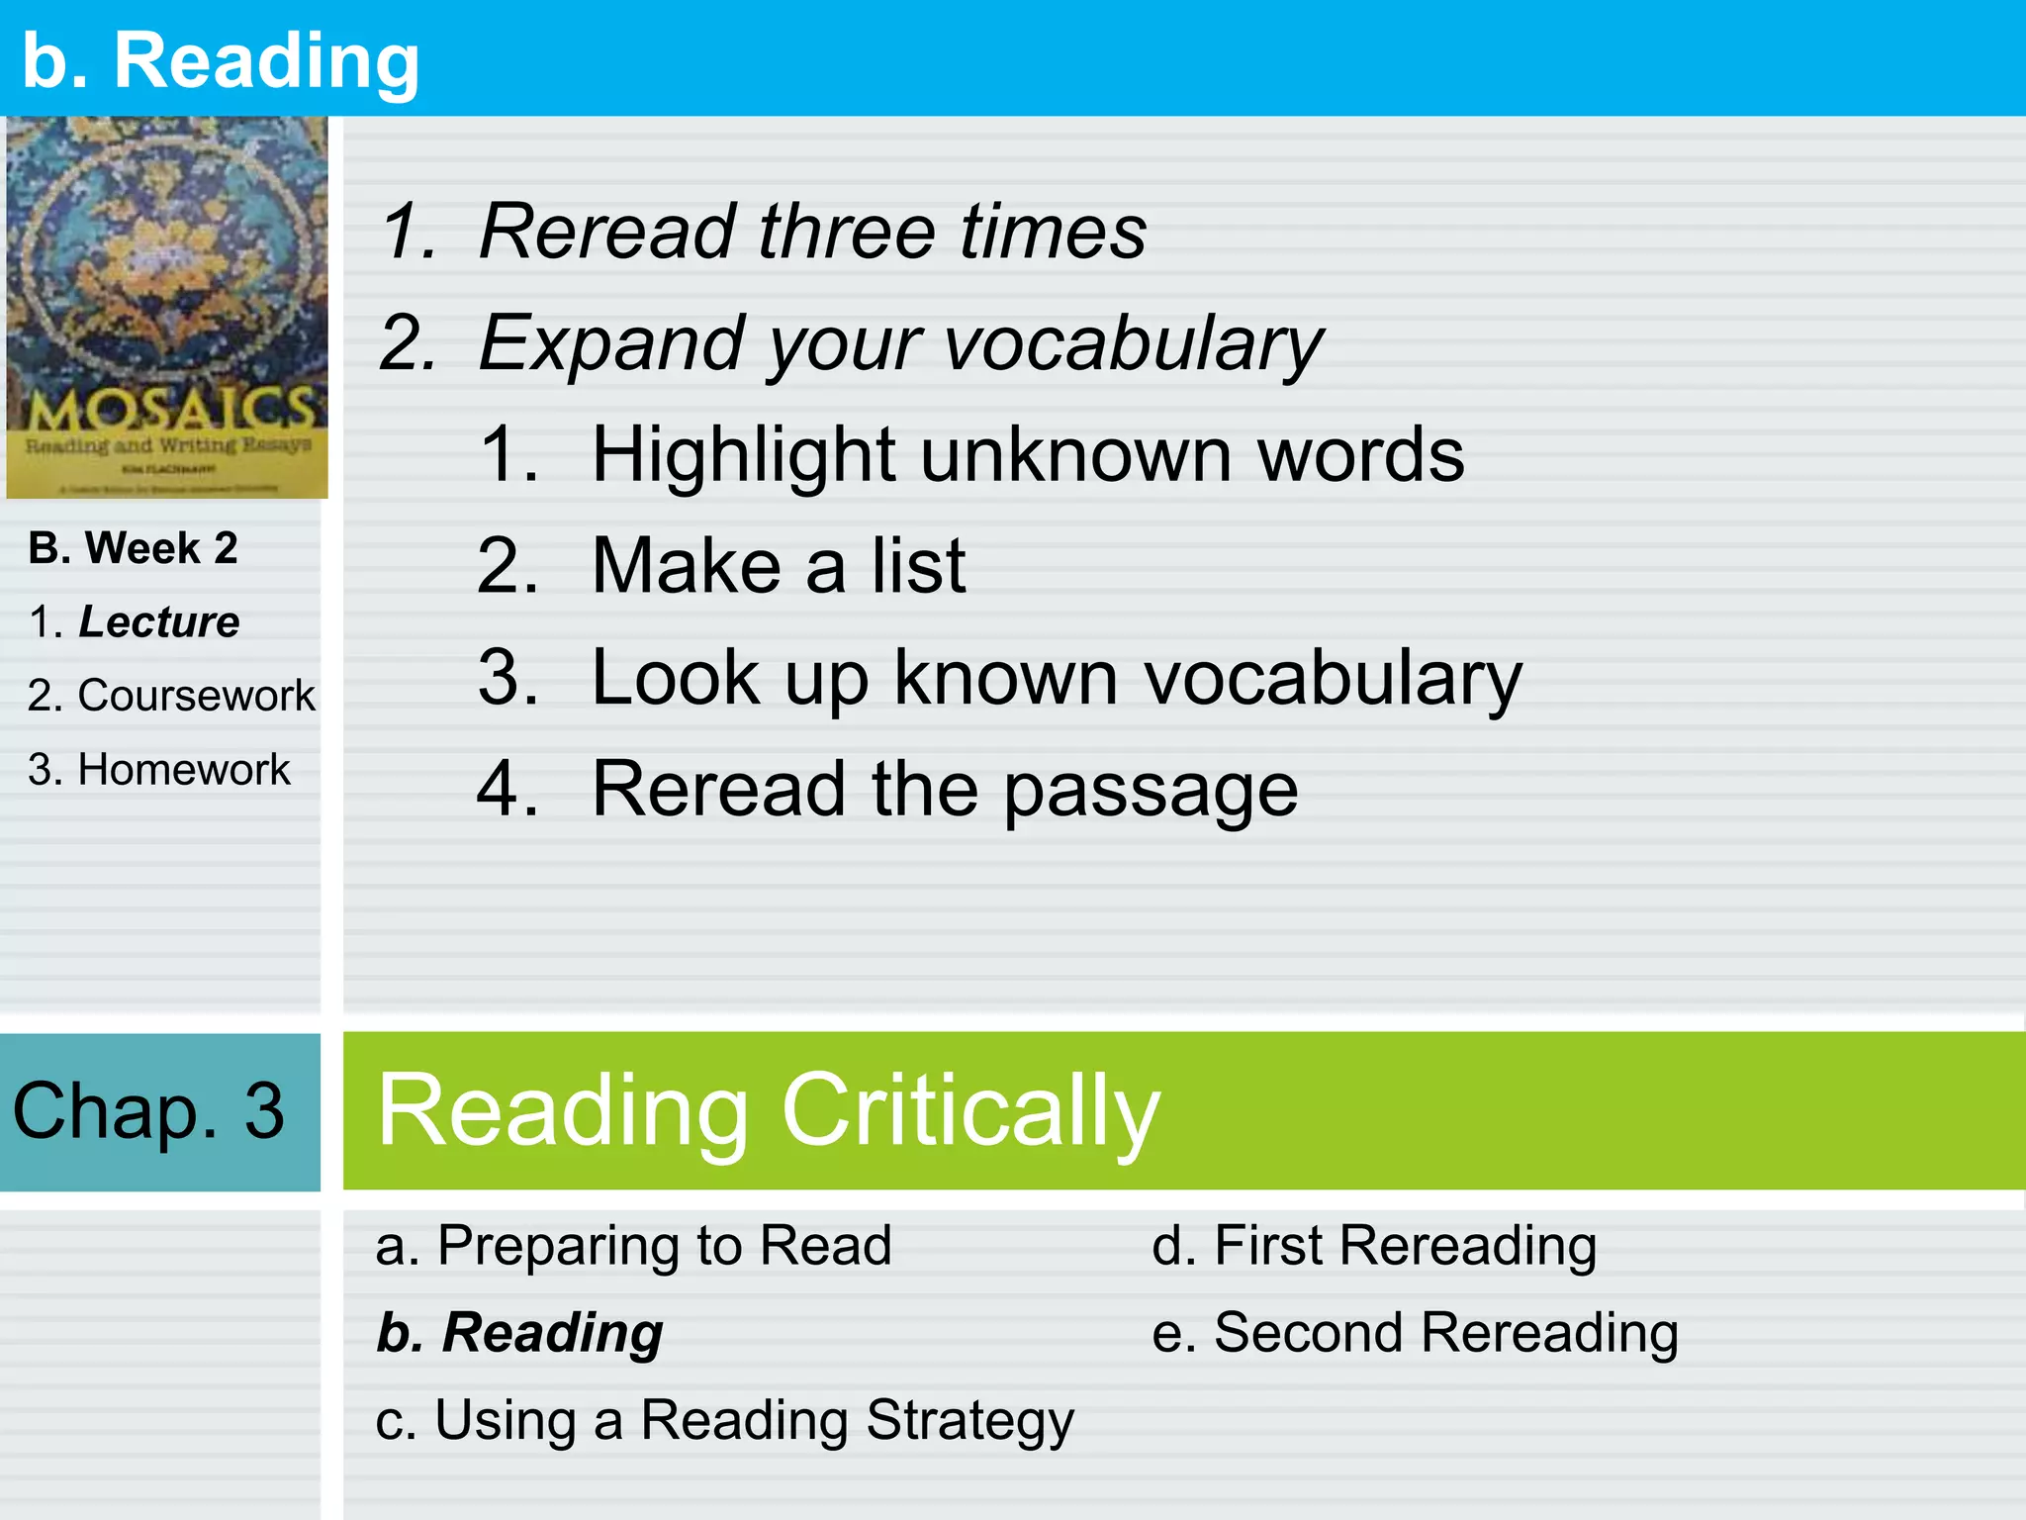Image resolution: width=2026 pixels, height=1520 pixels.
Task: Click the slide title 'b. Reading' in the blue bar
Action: pos(221,61)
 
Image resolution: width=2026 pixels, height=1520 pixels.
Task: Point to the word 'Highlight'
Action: pos(742,455)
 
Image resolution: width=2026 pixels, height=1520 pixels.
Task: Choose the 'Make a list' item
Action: pos(779,566)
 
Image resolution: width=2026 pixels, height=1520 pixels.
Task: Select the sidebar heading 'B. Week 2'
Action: pos(134,548)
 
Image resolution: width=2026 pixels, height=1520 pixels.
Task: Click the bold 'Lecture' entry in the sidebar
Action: pos(158,621)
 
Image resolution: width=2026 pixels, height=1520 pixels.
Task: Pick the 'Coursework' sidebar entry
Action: pos(196,696)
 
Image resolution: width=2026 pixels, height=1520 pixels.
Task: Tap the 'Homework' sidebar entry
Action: pos(184,769)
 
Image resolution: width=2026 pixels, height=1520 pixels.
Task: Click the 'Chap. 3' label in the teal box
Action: pos(148,1110)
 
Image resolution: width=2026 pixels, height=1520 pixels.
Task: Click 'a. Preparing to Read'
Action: pos(633,1245)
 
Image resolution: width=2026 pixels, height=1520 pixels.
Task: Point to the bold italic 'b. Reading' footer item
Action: pos(519,1332)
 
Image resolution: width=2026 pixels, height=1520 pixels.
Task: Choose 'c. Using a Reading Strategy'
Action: pos(724,1420)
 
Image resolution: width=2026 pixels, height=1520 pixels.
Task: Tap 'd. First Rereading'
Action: pos(1374,1245)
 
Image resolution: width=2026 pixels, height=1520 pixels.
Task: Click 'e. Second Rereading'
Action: pos(1415,1332)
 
